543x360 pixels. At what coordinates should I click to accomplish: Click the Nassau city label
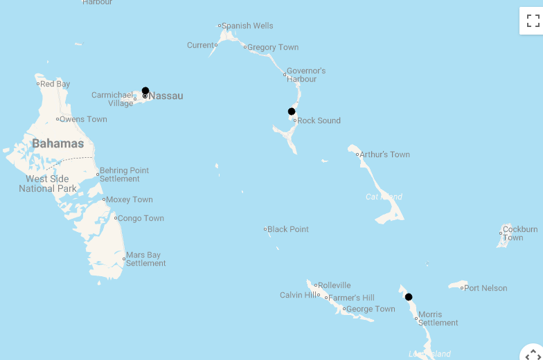pyautogui.click(x=166, y=96)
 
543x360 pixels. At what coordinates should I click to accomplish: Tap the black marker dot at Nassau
pyautogui.click(x=145, y=91)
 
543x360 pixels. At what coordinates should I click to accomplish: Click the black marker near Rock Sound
pyautogui.click(x=292, y=111)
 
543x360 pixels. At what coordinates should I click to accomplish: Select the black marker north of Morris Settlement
pyautogui.click(x=409, y=297)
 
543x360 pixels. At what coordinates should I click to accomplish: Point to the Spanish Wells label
pyautogui.click(x=247, y=26)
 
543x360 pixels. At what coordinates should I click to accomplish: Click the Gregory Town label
pyautogui.click(x=273, y=47)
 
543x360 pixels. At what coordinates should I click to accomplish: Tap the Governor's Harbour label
pyautogui.click(x=305, y=75)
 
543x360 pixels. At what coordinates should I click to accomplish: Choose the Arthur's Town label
pyautogui.click(x=384, y=154)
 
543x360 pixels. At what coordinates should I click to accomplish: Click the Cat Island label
pyautogui.click(x=384, y=197)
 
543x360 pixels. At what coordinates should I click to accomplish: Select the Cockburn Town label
pyautogui.click(x=520, y=233)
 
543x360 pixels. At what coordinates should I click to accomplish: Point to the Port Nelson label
pyautogui.click(x=486, y=288)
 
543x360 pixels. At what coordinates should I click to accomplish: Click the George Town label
pyautogui.click(x=371, y=309)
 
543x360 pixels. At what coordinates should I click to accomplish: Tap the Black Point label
pyautogui.click(x=288, y=229)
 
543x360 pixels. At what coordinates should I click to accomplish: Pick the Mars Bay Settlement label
pyautogui.click(x=145, y=259)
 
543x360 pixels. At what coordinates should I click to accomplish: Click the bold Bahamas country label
pyautogui.click(x=57, y=144)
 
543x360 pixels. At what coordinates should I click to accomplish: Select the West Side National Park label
pyautogui.click(x=48, y=183)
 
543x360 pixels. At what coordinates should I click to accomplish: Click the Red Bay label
pyautogui.click(x=55, y=84)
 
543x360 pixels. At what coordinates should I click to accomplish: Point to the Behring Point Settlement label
pyautogui.click(x=124, y=174)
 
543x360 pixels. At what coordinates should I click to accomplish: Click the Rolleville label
pyautogui.click(x=335, y=285)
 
